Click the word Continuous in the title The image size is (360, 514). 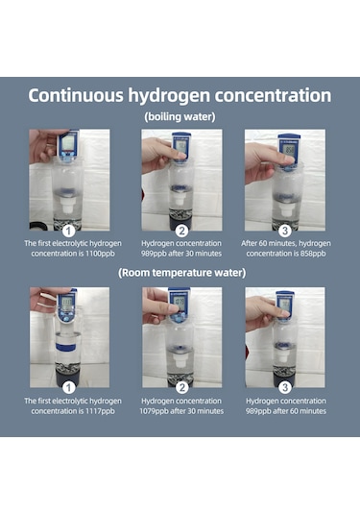point(76,95)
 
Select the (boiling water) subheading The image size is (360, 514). point(180,116)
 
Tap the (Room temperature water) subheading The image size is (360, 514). point(181,273)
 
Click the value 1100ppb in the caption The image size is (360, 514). point(100,254)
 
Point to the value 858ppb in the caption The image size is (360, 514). point(313,254)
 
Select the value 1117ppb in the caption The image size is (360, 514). point(100,411)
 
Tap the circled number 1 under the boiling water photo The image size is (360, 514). point(68,232)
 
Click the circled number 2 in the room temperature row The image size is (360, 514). point(181,388)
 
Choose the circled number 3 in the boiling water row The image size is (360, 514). point(285,232)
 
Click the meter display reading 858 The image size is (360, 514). point(290,150)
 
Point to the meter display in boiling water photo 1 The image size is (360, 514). point(68,142)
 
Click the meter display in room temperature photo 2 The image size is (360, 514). point(180,301)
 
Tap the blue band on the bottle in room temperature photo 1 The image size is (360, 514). point(66,347)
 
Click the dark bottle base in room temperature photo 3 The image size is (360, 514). point(282,378)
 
